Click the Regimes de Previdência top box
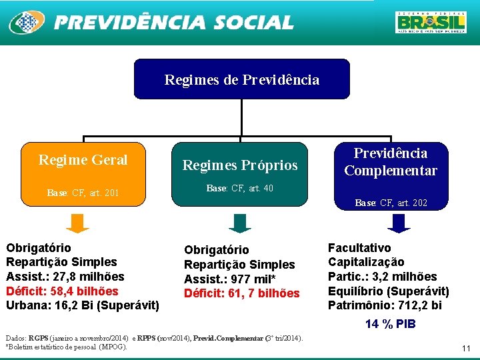(x=241, y=79)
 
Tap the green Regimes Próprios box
(x=240, y=173)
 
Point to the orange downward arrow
(x=79, y=223)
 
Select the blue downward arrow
(x=399, y=223)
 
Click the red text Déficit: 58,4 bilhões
(x=62, y=291)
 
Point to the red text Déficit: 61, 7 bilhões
(x=241, y=293)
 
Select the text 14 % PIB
(x=391, y=325)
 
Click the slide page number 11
(x=466, y=349)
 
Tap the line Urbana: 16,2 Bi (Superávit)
(x=83, y=306)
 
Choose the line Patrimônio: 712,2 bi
(x=385, y=306)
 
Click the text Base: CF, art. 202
(x=391, y=203)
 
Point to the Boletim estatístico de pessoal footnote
(x=67, y=347)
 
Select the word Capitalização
(x=366, y=262)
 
